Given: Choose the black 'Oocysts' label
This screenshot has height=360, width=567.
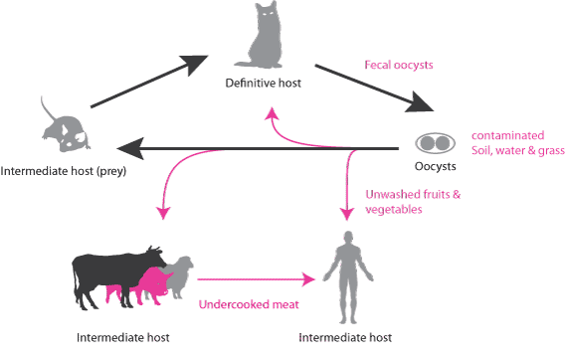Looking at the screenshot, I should pyautogui.click(x=435, y=165).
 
